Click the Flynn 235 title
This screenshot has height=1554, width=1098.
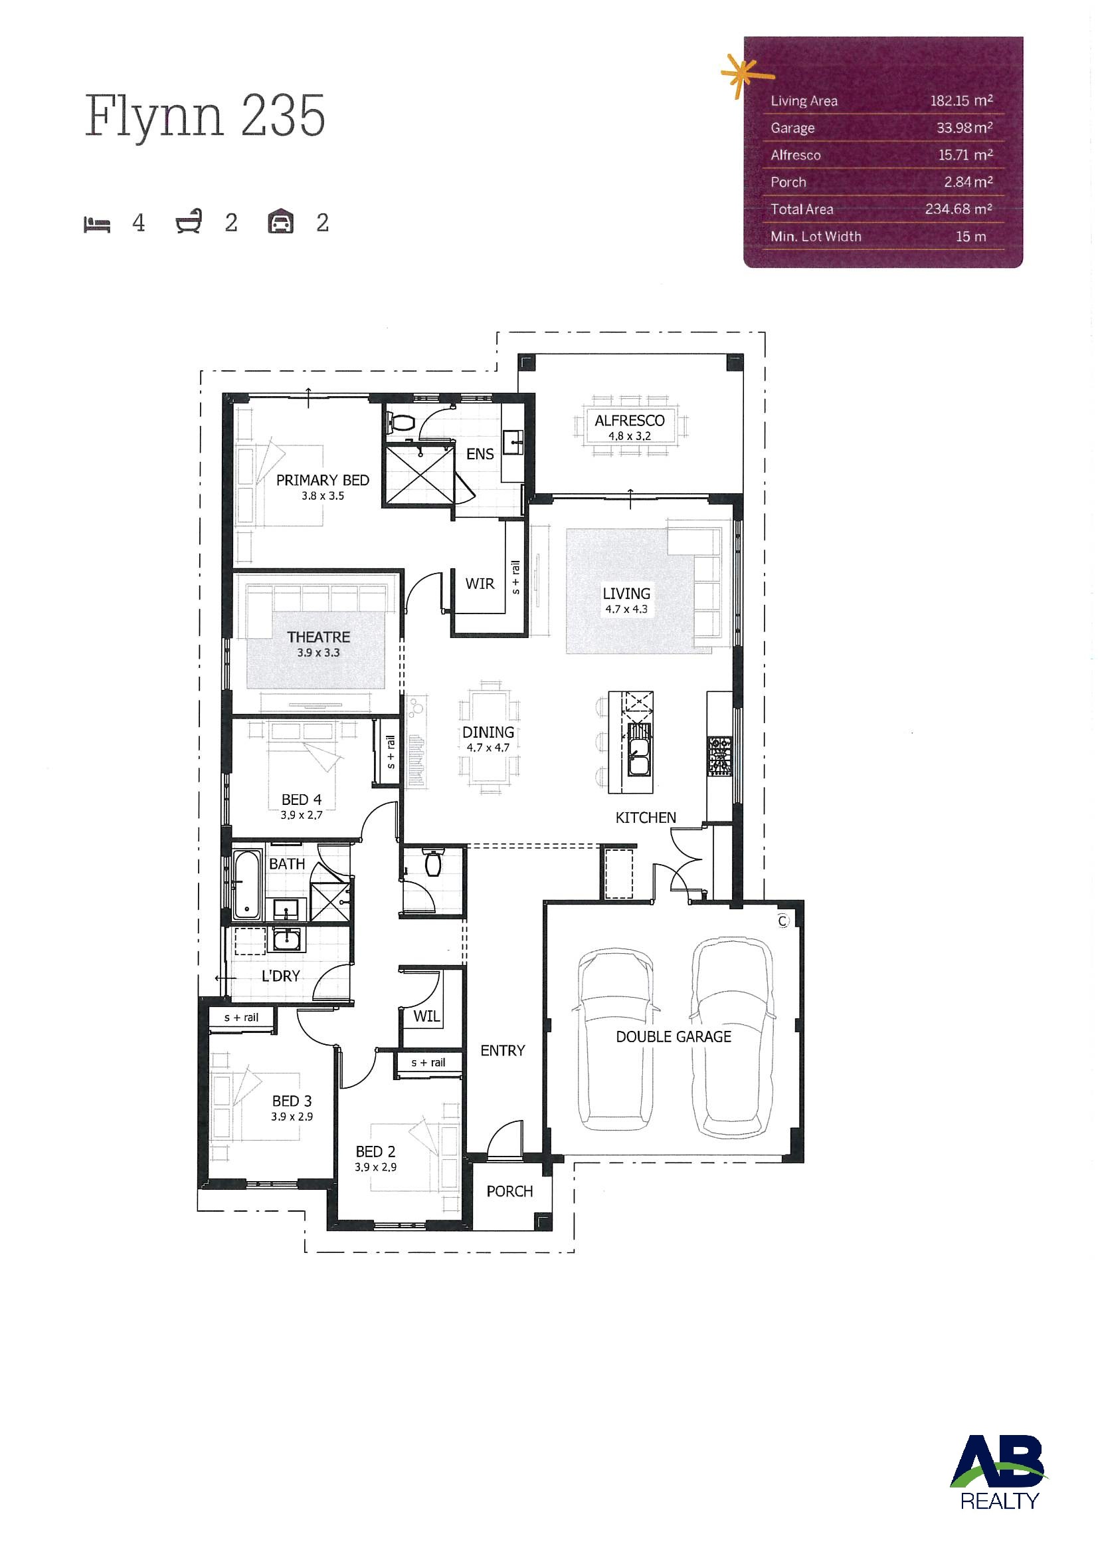point(205,117)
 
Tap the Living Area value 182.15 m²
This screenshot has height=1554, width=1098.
point(961,101)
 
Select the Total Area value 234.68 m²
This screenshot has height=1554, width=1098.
point(959,209)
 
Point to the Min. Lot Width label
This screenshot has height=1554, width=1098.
point(816,236)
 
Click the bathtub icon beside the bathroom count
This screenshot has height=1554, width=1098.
point(189,222)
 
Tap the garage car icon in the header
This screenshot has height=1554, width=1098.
point(280,222)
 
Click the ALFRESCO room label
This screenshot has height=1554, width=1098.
point(629,420)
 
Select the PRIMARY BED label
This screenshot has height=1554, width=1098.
point(323,480)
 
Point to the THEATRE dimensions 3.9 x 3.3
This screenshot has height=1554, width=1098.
point(318,653)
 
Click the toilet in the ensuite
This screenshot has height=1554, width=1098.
point(401,423)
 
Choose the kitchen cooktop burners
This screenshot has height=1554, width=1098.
point(719,756)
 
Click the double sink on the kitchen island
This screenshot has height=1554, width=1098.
point(639,750)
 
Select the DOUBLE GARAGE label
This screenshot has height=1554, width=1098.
point(673,1036)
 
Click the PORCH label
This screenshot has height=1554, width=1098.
point(509,1191)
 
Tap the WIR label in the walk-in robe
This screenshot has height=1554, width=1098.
point(480,584)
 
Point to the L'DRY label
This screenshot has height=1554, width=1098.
point(281,975)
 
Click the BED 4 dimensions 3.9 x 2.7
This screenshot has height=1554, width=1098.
point(301,815)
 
